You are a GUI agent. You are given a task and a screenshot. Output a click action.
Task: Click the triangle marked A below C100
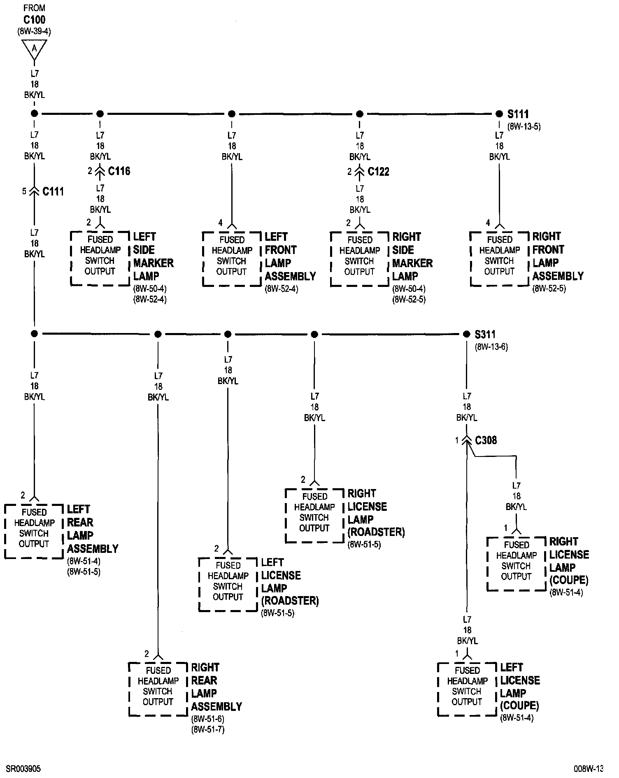(34, 49)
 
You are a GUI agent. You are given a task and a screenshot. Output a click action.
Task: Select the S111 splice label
(518, 114)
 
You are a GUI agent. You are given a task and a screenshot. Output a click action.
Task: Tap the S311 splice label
(485, 334)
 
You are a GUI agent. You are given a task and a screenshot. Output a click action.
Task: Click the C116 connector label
(119, 171)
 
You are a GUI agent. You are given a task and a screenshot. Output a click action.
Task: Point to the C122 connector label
(378, 171)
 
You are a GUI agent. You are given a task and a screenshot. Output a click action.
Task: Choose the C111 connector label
(53, 191)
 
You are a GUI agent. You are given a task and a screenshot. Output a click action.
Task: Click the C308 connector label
(486, 440)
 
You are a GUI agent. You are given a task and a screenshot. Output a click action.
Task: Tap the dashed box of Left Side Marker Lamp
(100, 259)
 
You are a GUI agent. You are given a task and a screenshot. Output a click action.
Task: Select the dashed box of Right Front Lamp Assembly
(499, 259)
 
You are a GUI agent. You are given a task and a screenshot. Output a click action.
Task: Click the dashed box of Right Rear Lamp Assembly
(158, 689)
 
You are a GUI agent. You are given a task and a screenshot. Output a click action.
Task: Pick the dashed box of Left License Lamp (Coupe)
(467, 689)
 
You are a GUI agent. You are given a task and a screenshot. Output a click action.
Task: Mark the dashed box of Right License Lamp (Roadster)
(314, 515)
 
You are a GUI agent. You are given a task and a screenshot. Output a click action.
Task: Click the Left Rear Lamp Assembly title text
(93, 529)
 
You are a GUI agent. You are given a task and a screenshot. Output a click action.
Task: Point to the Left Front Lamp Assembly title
(290, 256)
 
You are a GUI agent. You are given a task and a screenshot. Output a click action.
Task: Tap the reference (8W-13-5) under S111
(524, 126)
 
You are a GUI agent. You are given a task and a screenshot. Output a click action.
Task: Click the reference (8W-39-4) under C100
(34, 31)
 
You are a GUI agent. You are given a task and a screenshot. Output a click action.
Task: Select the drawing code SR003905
(23, 769)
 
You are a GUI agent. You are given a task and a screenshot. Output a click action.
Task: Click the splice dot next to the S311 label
(466, 334)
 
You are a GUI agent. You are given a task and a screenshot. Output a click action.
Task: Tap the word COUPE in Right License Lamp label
(569, 580)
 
